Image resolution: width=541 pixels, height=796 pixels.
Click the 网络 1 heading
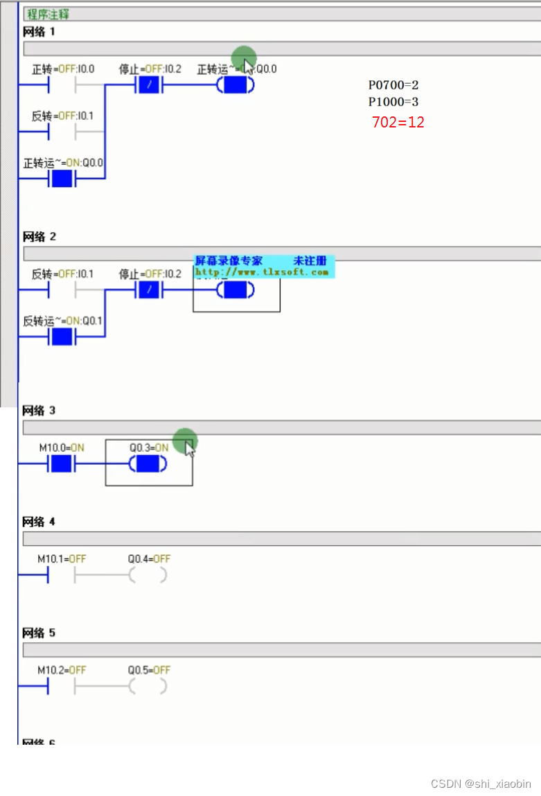click(x=39, y=32)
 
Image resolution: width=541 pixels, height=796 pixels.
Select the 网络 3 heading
click(x=39, y=410)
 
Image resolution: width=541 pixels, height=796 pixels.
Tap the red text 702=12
click(x=398, y=123)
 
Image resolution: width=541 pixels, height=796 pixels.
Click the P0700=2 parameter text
click(x=393, y=85)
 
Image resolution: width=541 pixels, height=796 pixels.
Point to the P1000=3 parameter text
click(x=393, y=102)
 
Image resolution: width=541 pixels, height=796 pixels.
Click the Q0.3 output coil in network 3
click(x=148, y=464)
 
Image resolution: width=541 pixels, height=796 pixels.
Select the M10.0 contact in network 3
click(x=61, y=464)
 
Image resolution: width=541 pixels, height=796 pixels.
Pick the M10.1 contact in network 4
click(x=61, y=575)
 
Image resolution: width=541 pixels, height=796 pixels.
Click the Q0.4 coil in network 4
click(x=148, y=575)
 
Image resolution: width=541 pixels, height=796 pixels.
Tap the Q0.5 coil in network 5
click(x=148, y=687)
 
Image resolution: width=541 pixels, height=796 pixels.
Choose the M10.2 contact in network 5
click(x=61, y=687)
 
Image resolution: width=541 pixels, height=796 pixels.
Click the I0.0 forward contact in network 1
click(x=62, y=86)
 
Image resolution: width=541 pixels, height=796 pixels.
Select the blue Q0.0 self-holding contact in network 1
click(x=62, y=179)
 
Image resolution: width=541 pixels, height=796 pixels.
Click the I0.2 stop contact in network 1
click(x=149, y=86)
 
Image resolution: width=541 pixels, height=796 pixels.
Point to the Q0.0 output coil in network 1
click(x=236, y=86)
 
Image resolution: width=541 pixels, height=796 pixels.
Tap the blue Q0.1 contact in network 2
click(x=62, y=337)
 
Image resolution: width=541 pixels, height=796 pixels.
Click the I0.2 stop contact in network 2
click(x=149, y=290)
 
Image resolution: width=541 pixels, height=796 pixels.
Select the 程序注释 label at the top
click(x=48, y=14)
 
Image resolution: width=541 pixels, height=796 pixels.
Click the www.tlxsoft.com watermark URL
click(x=262, y=272)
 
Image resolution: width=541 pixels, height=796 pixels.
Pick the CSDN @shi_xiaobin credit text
click(x=481, y=784)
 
